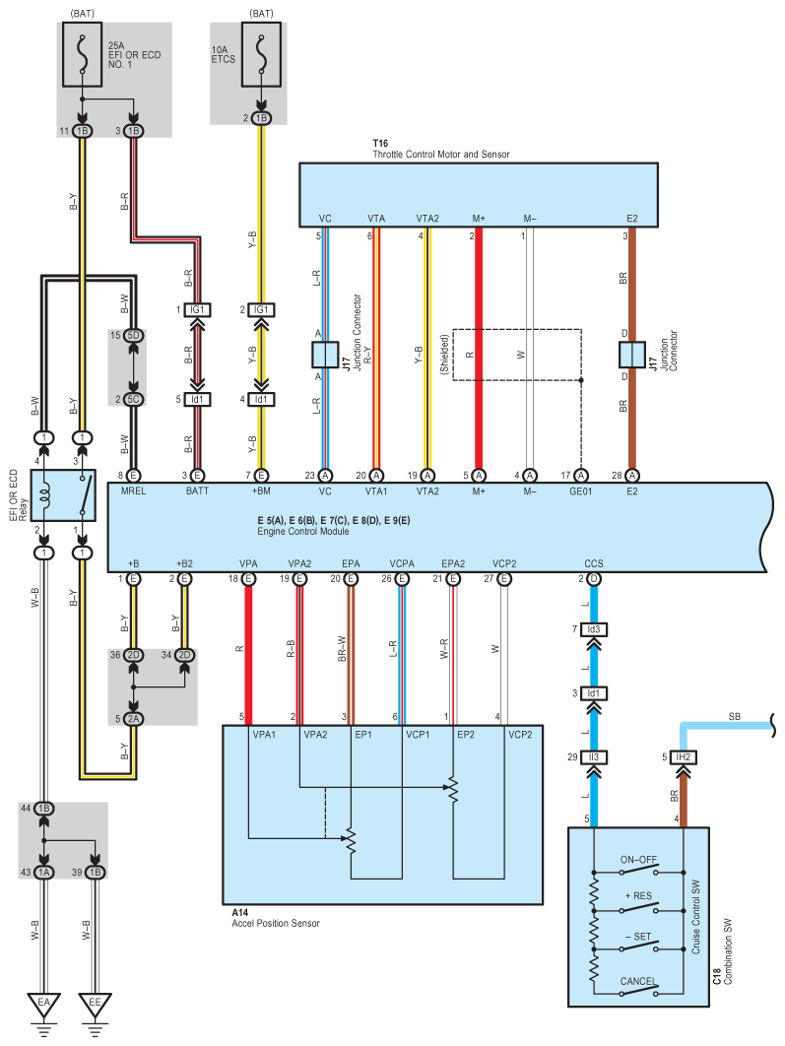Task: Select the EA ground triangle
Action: click(43, 1005)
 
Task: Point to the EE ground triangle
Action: click(95, 1005)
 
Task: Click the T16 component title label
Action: click(380, 144)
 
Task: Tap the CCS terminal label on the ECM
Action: click(593, 563)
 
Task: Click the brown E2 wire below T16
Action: click(631, 295)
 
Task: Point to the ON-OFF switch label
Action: click(638, 860)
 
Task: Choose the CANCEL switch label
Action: click(638, 981)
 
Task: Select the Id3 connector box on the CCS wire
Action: click(593, 628)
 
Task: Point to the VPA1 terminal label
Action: click(265, 734)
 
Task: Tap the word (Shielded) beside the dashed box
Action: click(444, 355)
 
